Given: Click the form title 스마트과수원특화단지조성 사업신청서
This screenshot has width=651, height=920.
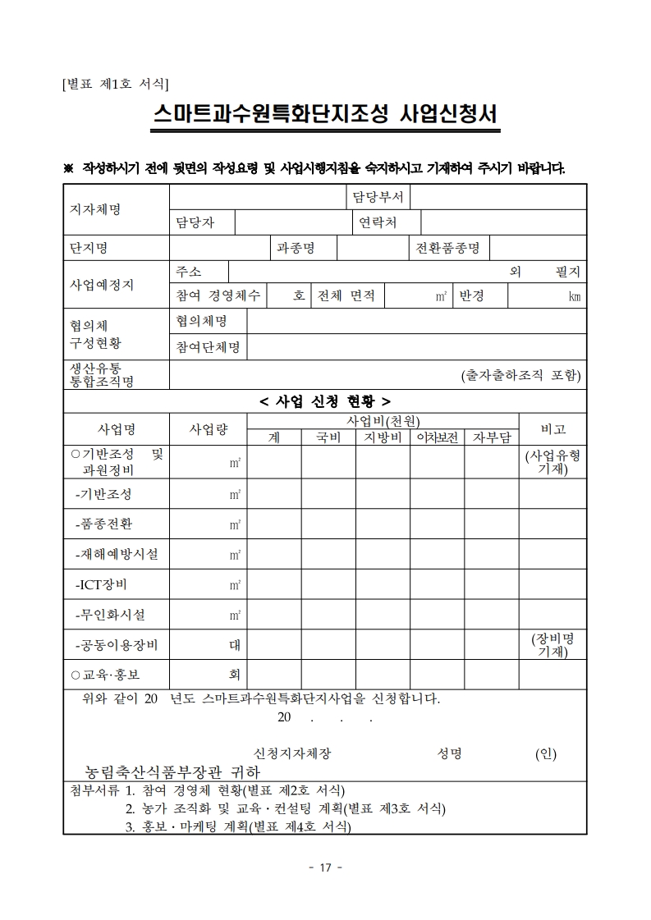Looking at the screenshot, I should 326,114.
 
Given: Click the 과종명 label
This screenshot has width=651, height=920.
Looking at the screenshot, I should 296,248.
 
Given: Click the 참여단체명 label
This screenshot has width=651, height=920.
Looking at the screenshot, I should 208,347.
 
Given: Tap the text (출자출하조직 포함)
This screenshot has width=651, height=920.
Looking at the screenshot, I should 520,376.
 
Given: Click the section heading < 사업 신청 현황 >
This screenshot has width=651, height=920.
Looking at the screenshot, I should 325,400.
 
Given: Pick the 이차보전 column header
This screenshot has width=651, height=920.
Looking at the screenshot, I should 437,437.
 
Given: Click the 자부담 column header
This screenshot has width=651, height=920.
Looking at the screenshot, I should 491,437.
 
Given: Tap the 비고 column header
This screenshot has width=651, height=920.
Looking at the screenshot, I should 552,429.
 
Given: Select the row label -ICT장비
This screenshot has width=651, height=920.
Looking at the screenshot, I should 101,584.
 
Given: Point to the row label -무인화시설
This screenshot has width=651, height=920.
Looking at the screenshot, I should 110,615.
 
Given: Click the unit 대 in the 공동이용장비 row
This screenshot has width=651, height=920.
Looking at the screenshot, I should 234,645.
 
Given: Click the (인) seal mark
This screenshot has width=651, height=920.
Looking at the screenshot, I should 545,753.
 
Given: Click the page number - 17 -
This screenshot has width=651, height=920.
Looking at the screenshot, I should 325,867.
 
